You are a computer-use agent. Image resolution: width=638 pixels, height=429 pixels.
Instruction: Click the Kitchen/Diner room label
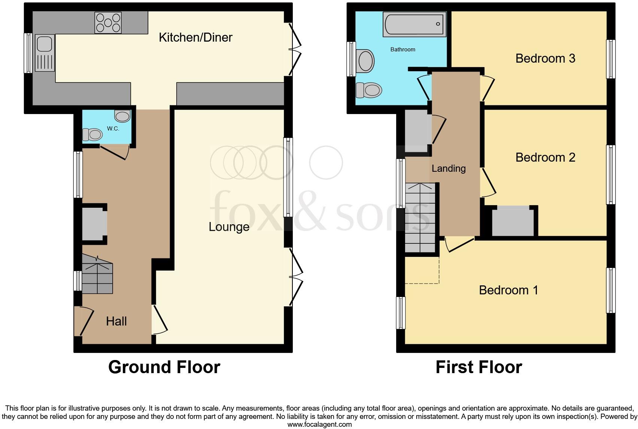click(195, 37)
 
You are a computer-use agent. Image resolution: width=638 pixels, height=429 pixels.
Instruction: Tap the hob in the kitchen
click(108, 22)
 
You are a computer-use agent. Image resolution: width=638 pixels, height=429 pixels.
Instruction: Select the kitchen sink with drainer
click(45, 53)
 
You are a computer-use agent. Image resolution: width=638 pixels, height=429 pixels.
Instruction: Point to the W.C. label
click(113, 129)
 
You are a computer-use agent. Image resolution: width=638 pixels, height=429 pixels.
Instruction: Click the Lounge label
click(229, 227)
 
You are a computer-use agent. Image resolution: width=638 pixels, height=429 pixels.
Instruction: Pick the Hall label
click(116, 321)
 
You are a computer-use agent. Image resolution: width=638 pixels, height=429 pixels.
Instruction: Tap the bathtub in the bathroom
click(414, 24)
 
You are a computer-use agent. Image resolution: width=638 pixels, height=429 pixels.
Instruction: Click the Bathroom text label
click(402, 49)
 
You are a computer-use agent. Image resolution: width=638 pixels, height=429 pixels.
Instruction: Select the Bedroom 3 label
click(545, 58)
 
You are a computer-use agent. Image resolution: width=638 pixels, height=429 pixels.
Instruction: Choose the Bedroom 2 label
click(545, 157)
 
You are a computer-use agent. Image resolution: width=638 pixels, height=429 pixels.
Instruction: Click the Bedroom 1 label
click(508, 290)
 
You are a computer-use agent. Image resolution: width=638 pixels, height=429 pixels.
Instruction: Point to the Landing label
click(448, 169)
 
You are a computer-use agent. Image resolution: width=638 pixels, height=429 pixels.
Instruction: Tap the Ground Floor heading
click(164, 367)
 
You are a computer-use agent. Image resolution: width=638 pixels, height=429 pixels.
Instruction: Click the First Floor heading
click(478, 367)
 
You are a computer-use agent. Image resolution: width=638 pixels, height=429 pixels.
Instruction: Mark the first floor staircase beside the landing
click(420, 217)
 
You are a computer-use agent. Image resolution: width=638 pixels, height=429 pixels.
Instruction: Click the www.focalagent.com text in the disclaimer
click(319, 424)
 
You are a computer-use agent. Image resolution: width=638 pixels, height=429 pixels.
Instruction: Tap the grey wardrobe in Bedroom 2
click(513, 221)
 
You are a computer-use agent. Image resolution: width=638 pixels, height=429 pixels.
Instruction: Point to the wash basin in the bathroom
click(366, 61)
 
